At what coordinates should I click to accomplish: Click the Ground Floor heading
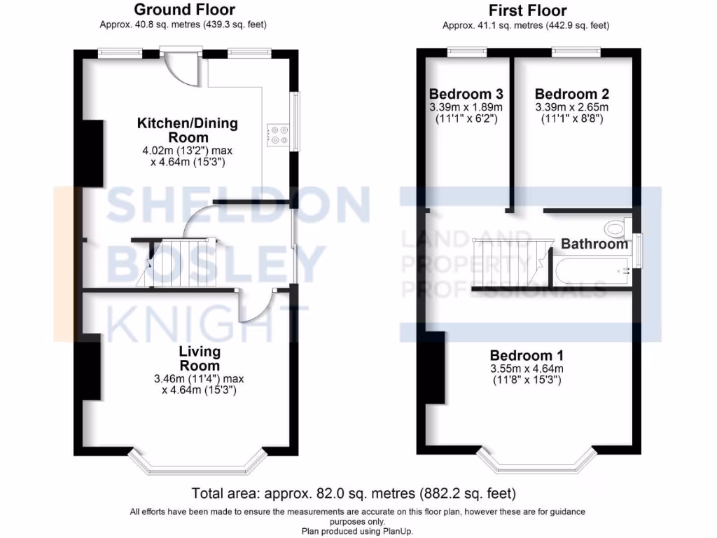[184, 10]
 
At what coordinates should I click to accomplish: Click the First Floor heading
[527, 11]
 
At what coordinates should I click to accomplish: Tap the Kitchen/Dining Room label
[187, 130]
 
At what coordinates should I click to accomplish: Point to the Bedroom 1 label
[527, 354]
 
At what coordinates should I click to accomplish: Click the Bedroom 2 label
[571, 94]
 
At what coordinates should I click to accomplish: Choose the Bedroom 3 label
[466, 94]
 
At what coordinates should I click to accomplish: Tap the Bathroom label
[594, 244]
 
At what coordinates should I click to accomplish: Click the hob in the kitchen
[278, 134]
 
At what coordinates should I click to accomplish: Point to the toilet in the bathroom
[615, 228]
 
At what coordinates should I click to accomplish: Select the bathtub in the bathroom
[591, 270]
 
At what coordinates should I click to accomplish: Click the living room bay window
[198, 463]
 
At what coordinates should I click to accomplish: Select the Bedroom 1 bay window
[536, 460]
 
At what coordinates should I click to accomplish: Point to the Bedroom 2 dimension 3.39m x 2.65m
[571, 107]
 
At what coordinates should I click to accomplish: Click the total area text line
[358, 492]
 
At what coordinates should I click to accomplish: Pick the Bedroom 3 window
[467, 50]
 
